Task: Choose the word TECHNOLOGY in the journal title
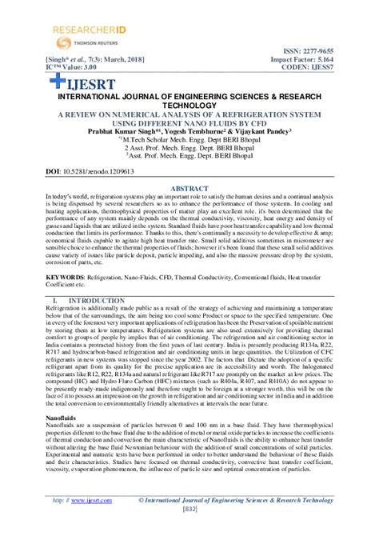(x=189, y=105)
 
